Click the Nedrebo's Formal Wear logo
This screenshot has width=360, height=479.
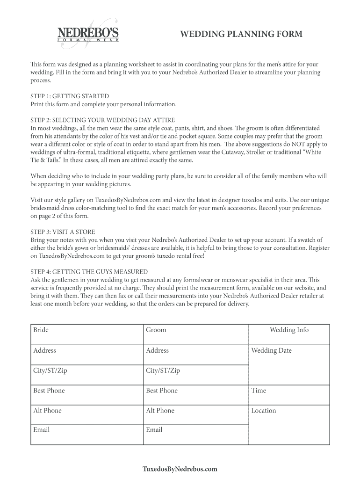(87, 34)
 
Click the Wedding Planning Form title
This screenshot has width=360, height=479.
(241, 34)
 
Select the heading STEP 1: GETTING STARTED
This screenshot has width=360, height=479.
(70, 96)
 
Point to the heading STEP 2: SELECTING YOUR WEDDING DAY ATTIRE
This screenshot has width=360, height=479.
(102, 120)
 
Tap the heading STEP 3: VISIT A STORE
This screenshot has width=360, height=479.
(63, 232)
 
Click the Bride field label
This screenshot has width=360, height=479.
(41, 330)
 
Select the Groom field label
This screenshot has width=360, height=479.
(156, 330)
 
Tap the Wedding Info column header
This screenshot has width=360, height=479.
(289, 330)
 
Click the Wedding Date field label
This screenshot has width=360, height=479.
(271, 350)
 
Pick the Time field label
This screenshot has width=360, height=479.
(259, 391)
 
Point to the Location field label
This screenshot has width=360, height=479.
(264, 411)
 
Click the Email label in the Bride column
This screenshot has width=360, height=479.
(41, 429)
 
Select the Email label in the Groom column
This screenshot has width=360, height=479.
(154, 429)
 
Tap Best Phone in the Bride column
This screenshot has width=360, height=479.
(49, 391)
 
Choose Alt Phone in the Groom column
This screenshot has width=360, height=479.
(160, 411)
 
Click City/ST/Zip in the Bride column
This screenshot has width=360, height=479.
(50, 370)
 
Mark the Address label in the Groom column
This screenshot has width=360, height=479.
(157, 350)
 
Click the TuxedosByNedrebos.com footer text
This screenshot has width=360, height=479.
(180, 469)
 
